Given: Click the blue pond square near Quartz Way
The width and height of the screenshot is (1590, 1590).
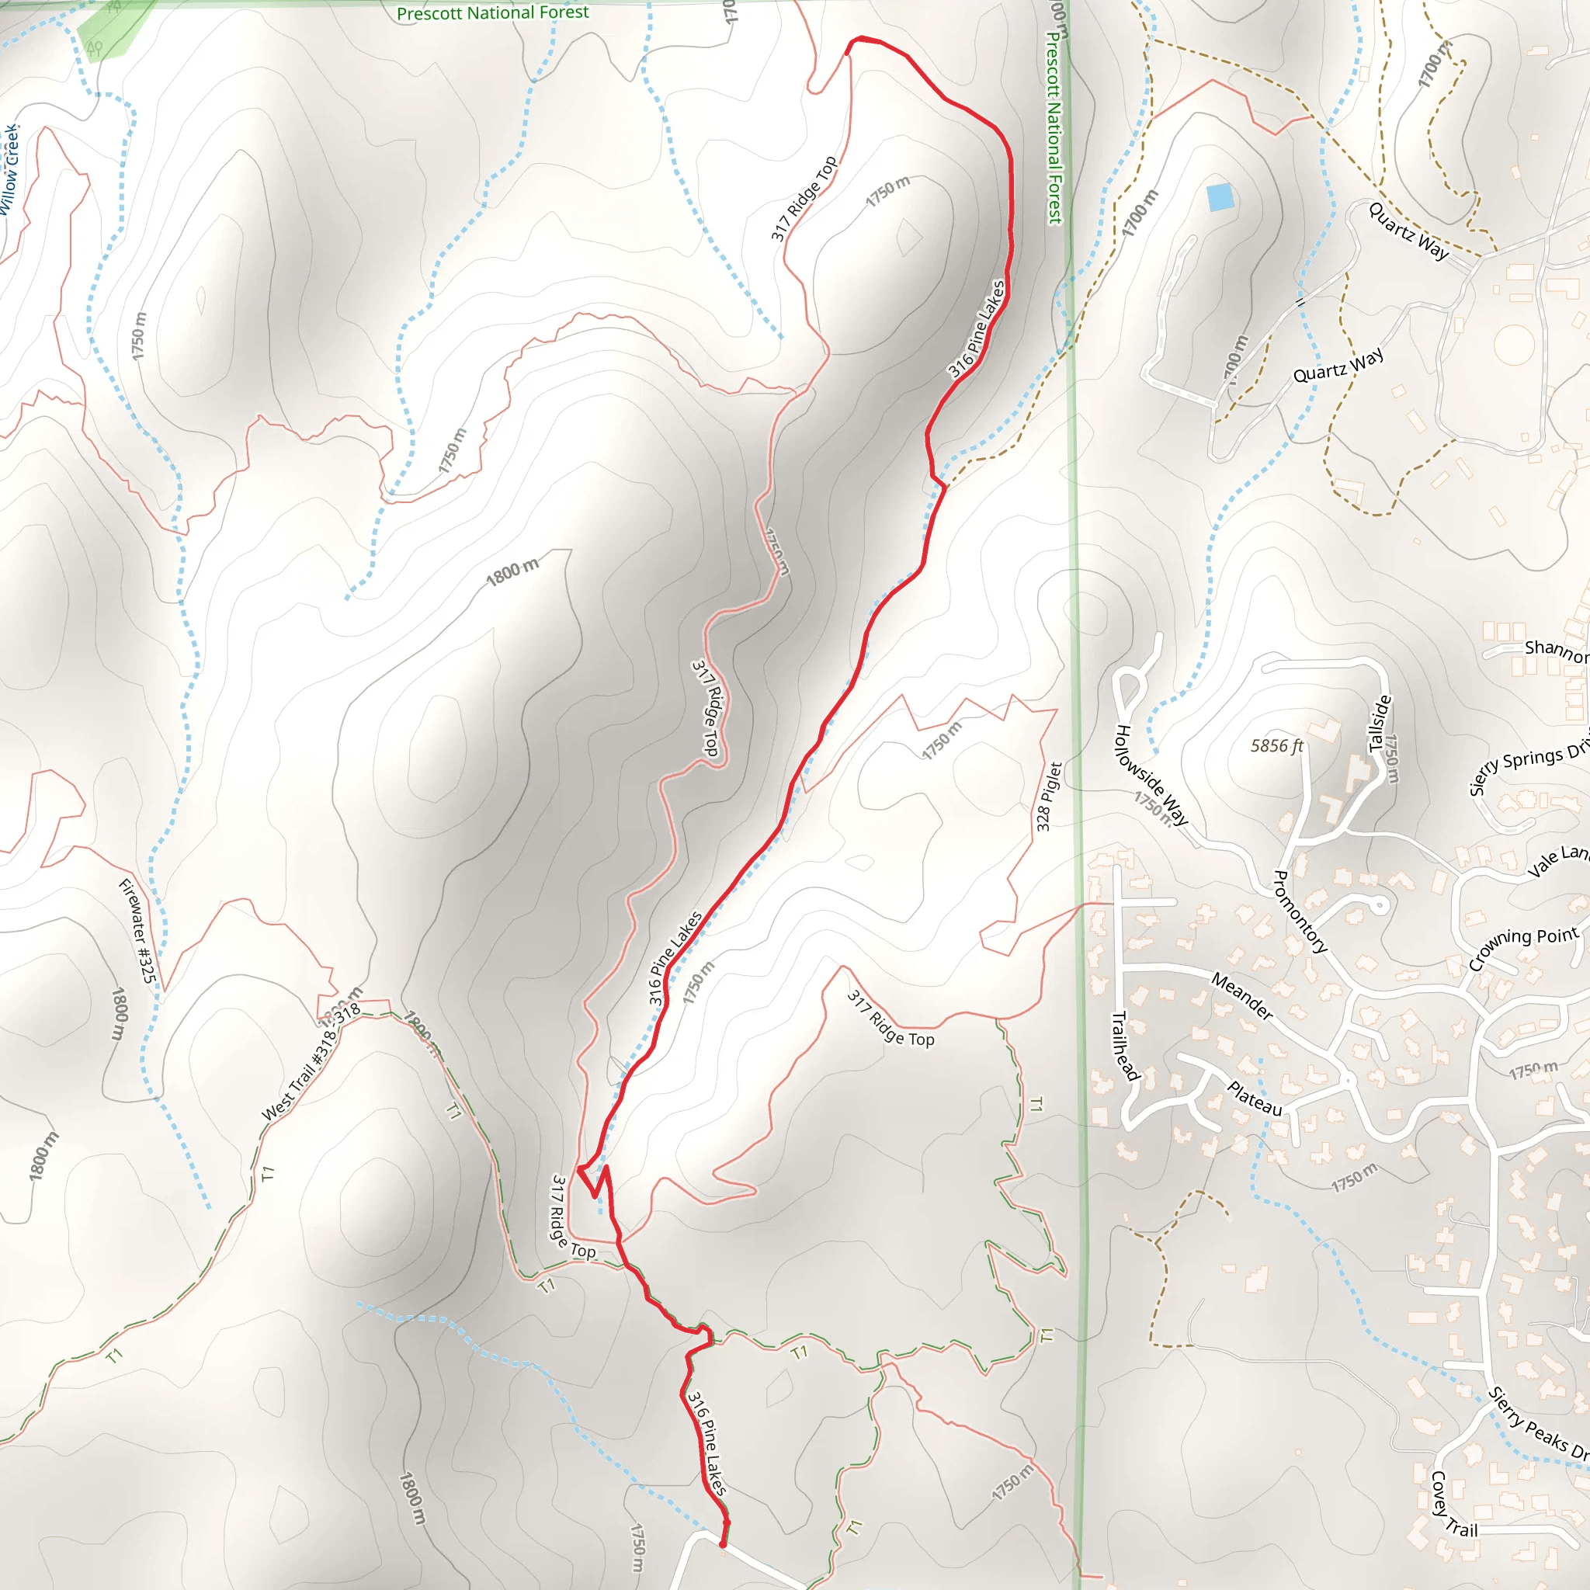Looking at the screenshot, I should point(1220,197).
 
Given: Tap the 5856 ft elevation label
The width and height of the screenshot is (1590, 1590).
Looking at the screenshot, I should point(1276,745).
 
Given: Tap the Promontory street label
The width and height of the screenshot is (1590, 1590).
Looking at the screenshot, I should point(1300,912).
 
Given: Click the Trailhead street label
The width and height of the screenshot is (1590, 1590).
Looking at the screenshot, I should point(1125,1046).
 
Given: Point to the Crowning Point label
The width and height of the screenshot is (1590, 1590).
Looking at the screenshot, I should point(1523,947).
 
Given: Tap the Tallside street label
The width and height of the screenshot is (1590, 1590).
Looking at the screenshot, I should point(1380,724).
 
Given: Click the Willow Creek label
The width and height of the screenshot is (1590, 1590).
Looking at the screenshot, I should point(10,169).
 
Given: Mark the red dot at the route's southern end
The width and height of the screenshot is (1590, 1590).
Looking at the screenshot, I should point(723,1545).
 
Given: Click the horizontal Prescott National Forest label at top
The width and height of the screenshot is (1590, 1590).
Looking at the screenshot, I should point(492,13).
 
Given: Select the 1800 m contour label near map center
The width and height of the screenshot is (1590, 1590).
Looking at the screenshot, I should point(512,571).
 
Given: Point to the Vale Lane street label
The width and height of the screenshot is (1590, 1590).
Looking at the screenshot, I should point(1557,861).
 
